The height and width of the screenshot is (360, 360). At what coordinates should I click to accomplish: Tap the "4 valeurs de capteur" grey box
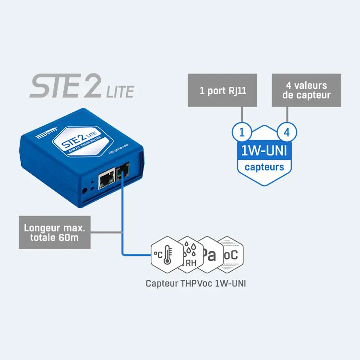(306, 90)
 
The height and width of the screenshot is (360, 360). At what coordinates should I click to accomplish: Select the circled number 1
(242, 131)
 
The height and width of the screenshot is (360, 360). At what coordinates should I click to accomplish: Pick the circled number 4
(288, 131)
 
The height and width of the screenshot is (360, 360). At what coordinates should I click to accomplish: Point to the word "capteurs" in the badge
(264, 167)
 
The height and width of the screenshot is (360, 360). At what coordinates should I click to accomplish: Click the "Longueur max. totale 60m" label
(54, 232)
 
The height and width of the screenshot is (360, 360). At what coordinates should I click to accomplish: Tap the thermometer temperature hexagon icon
(165, 254)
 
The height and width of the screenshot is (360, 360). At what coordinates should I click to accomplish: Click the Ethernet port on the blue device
(106, 180)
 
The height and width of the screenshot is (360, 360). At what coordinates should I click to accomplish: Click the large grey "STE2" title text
(65, 86)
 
